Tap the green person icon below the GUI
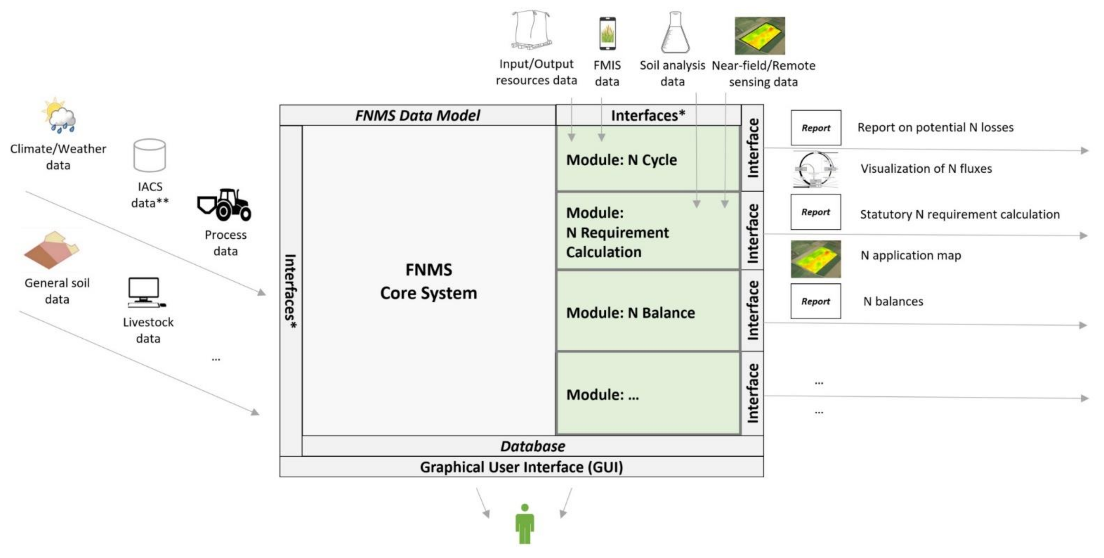pyautogui.click(x=525, y=524)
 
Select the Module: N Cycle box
pyautogui.click(x=647, y=160)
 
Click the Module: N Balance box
pyautogui.click(x=647, y=312)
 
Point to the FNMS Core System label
pyautogui.click(x=428, y=281)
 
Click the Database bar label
pyautogui.click(x=532, y=446)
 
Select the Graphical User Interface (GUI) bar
pyautogui.click(x=521, y=467)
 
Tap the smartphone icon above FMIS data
pyautogui.click(x=607, y=33)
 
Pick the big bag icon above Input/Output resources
pyautogui.click(x=531, y=30)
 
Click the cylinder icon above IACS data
pyautogui.click(x=149, y=155)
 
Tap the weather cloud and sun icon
pyautogui.click(x=59, y=115)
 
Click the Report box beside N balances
pyautogui.click(x=815, y=301)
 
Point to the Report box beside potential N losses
pyautogui.click(x=816, y=128)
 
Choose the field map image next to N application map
pyautogui.click(x=815, y=259)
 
